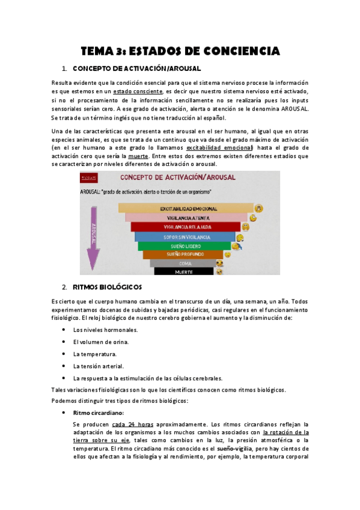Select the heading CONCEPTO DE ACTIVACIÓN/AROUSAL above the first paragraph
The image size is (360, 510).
(136, 69)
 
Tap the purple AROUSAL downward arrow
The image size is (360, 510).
(93, 235)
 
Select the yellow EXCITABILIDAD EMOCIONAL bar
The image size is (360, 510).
(185, 208)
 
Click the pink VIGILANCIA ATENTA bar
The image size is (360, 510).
(185, 218)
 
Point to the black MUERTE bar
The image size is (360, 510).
(183, 272)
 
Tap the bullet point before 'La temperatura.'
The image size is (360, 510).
(64, 354)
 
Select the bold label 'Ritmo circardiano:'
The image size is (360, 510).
(99, 413)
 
